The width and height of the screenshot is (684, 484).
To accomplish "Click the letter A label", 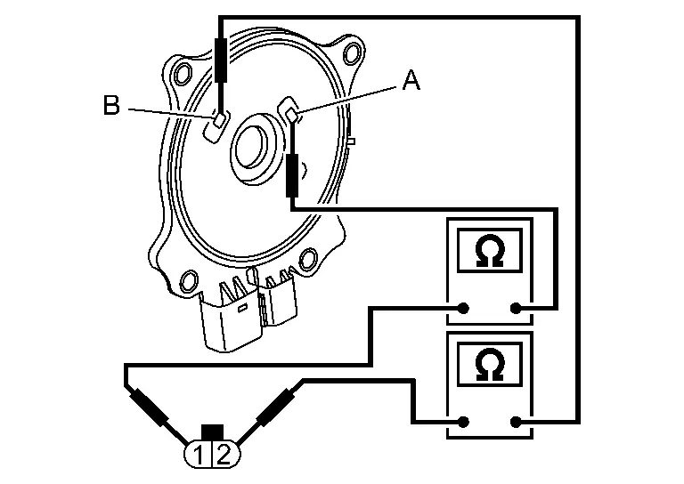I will (411, 82).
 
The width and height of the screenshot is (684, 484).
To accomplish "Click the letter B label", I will (111, 106).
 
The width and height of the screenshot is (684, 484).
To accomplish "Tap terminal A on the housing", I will (290, 112).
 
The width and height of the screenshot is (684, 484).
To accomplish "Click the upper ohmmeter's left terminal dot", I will (464, 308).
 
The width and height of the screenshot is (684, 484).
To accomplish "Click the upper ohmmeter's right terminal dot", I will (514, 308).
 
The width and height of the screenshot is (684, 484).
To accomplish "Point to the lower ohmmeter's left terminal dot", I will (464, 421).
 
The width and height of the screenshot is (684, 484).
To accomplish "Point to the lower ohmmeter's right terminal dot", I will (514, 421).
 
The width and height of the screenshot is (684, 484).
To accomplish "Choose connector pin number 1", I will (199, 456).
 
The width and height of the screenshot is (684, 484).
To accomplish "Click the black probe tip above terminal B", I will (220, 61).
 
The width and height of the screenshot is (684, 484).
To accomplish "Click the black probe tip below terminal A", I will (291, 174).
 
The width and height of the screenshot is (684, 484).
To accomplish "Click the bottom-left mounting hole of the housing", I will (189, 284).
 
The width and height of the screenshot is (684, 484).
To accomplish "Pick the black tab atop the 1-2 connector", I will (211, 432).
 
